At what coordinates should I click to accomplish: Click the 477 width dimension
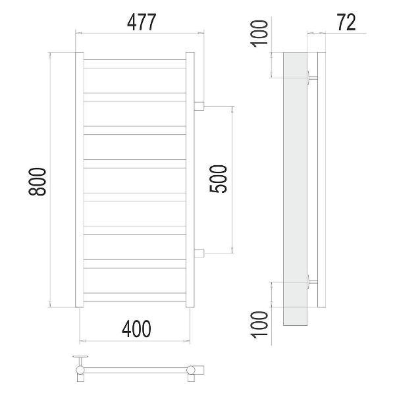point(142,22)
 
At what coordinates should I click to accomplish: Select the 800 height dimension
point(38,182)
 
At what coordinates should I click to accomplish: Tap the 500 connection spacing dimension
point(218,178)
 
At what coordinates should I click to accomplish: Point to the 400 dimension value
point(136,329)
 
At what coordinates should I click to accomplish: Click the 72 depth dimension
point(347,22)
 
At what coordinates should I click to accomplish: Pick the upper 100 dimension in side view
point(259,34)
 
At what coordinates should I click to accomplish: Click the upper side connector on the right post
point(199,106)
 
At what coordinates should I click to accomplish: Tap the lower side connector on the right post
point(199,253)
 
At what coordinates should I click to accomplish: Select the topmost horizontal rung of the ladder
point(135,64)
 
